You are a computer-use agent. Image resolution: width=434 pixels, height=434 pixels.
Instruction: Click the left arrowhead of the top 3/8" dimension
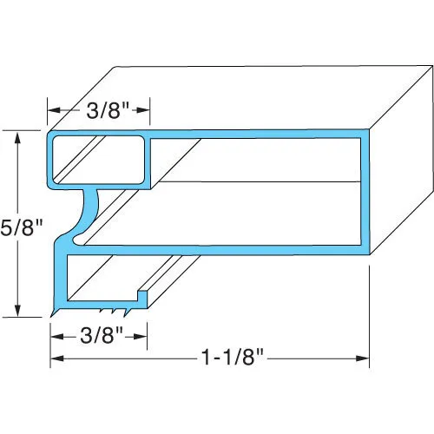pos(51,111)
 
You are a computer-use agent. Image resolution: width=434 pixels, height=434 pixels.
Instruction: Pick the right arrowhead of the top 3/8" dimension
pos(146,111)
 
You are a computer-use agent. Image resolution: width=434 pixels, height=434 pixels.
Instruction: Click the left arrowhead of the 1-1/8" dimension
pos(55,358)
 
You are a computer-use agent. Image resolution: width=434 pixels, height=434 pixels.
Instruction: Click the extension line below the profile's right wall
pos(371,304)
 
